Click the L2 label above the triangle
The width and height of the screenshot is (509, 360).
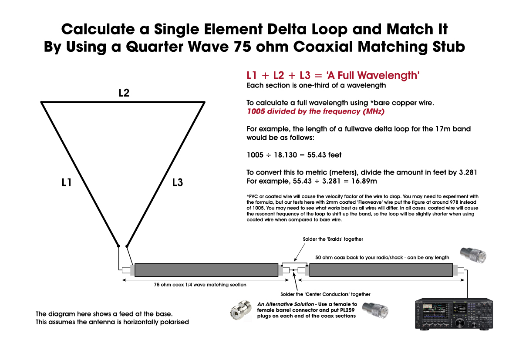(124, 93)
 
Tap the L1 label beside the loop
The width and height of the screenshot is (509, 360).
(67, 183)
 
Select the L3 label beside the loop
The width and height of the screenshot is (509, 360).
(177, 183)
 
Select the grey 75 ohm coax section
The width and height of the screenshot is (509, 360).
(206, 270)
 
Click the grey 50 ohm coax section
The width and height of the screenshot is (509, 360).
(381, 270)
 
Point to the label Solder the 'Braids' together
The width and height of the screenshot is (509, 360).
(333, 239)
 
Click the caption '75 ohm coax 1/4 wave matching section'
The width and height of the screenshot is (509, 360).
(200, 285)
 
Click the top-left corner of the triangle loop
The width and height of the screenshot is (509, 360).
(42, 102)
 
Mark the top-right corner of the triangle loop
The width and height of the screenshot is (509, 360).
(204, 102)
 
